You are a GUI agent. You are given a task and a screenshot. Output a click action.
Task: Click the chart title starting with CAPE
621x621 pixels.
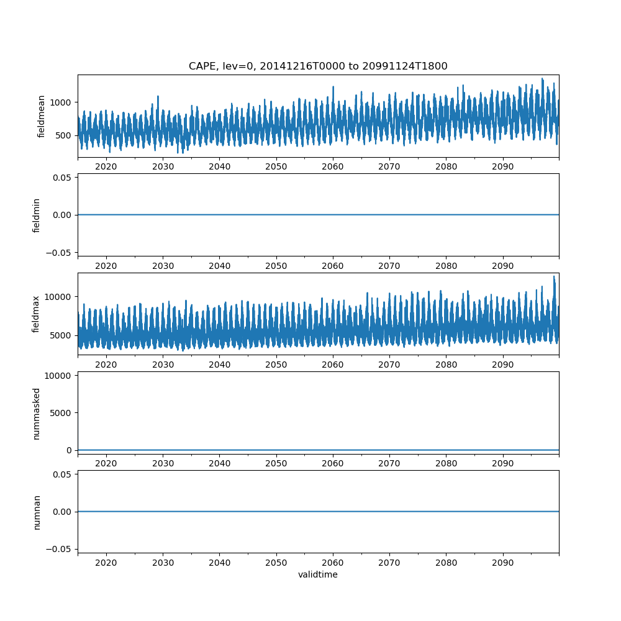(x=318, y=66)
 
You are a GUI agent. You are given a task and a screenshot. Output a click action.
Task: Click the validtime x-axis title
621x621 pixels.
(x=318, y=574)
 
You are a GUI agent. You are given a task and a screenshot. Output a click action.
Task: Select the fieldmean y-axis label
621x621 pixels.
(x=42, y=116)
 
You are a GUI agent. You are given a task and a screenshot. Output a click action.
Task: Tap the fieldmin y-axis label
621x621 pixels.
(x=37, y=215)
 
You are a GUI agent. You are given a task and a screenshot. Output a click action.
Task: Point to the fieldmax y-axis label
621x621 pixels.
(x=37, y=314)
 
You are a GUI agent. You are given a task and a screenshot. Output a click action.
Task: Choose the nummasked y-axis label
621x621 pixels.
(x=37, y=413)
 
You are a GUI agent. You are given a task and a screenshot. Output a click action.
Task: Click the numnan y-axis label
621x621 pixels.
(x=37, y=512)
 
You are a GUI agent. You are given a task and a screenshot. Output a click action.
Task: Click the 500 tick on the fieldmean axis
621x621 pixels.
(x=65, y=135)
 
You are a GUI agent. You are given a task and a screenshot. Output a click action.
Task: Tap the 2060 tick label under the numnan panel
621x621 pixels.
(x=333, y=563)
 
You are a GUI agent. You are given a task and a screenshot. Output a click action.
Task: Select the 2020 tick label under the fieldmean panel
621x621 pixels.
(x=106, y=167)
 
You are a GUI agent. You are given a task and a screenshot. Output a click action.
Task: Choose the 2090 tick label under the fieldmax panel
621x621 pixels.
(x=502, y=365)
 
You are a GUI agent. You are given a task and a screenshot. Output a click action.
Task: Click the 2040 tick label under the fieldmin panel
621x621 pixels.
(x=219, y=266)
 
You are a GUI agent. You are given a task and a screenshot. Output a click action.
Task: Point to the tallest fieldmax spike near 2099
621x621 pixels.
(x=554, y=276)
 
